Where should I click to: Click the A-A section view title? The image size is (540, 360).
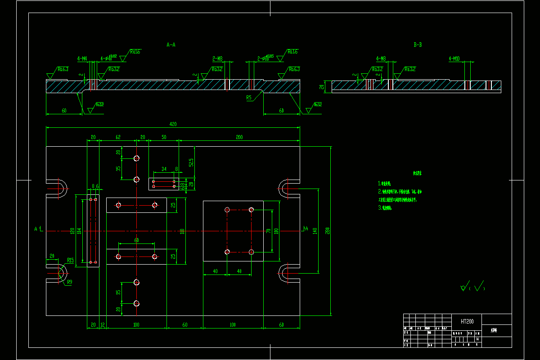pyautogui.click(x=171, y=45)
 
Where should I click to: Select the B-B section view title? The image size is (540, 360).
pyautogui.click(x=418, y=45)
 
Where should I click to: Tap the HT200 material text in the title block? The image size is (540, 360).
pyautogui.click(x=467, y=322)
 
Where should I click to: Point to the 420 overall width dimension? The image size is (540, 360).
pyautogui.click(x=173, y=124)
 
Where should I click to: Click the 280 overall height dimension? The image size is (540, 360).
pyautogui.click(x=328, y=231)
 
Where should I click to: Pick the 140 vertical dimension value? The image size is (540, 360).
pyautogui.click(x=315, y=231)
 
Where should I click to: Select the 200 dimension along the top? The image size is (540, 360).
pyautogui.click(x=239, y=137)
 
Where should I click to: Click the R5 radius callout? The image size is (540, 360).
pyautogui.click(x=249, y=97)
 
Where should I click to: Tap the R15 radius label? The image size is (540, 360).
pyautogui.click(x=70, y=260)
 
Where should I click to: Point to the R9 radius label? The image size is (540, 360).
pyautogui.click(x=69, y=283)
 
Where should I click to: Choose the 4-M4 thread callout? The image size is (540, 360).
pyautogui.click(x=82, y=58)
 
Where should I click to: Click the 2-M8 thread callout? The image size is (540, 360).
pyautogui.click(x=217, y=58)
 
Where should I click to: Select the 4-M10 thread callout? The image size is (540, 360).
pyautogui.click(x=454, y=58)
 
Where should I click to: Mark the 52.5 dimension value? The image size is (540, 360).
pyautogui.click(x=191, y=162)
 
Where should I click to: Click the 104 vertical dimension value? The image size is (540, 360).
pyautogui.click(x=79, y=231)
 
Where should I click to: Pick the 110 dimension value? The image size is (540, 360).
pyautogui.click(x=182, y=231)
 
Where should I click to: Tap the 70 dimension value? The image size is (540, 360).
pyautogui.click(x=268, y=231)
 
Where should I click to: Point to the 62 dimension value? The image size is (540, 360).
pyautogui.click(x=118, y=137)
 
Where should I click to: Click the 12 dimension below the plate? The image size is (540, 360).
pyautogui.click(x=103, y=324)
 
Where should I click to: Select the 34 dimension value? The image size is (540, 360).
pyautogui.click(x=164, y=169)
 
